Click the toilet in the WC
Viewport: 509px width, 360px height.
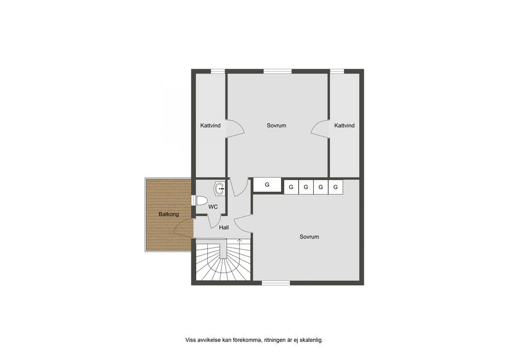(200, 200)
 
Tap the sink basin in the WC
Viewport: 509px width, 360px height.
(220, 188)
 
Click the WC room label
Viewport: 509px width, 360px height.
(213, 207)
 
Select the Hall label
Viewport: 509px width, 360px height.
(224, 228)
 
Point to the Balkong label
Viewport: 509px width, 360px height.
(169, 214)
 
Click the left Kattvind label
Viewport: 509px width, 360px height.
(210, 125)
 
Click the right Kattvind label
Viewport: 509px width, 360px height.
(344, 125)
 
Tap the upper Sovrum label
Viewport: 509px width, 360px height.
(276, 125)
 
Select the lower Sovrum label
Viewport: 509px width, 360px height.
(309, 237)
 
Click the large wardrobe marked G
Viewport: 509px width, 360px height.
(267, 184)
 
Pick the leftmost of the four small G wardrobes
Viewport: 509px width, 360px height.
(291, 187)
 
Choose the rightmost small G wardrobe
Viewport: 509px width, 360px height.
(336, 187)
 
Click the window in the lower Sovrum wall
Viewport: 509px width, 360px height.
(276, 283)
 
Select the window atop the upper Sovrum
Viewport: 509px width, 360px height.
(277, 72)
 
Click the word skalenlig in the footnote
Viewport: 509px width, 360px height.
(311, 340)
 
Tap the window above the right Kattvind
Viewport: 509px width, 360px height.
(338, 72)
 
